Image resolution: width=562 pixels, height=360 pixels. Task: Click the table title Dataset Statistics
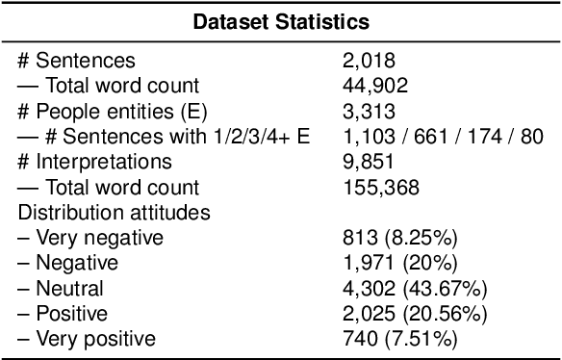pyautogui.click(x=280, y=19)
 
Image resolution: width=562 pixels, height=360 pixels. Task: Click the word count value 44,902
pyautogui.click(x=370, y=87)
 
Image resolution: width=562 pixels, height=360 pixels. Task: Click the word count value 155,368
pyautogui.click(x=374, y=187)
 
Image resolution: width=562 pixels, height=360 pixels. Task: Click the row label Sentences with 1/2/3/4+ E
pyautogui.click(x=164, y=138)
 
